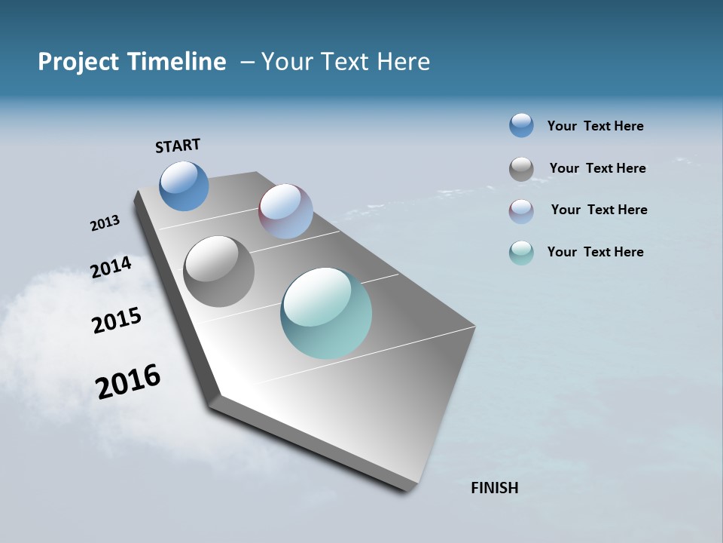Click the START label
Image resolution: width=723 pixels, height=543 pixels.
click(x=178, y=146)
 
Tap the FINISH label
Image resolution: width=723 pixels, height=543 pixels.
click(x=495, y=488)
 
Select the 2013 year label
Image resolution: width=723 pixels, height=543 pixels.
click(x=105, y=223)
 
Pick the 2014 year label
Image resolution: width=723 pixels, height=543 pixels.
click(x=111, y=268)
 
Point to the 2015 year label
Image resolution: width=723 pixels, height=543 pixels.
click(x=117, y=321)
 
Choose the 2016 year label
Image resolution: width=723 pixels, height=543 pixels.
click(x=128, y=382)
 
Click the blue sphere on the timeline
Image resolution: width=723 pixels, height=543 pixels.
click(x=184, y=186)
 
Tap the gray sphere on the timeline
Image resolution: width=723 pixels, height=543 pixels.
click(x=219, y=271)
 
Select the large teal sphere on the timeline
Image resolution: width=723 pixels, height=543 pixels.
click(x=326, y=313)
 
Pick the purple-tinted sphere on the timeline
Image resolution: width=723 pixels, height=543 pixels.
click(x=285, y=211)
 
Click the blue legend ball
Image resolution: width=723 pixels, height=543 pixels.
click(x=521, y=125)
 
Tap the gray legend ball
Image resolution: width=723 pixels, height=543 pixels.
click(x=521, y=169)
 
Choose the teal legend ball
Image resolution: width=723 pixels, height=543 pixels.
click(x=521, y=253)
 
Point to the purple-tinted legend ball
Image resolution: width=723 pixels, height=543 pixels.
click(x=521, y=211)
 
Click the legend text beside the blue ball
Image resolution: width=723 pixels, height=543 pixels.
click(x=595, y=127)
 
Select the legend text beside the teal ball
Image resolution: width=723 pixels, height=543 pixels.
click(x=595, y=252)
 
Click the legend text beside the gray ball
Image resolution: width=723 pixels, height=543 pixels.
click(x=597, y=168)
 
